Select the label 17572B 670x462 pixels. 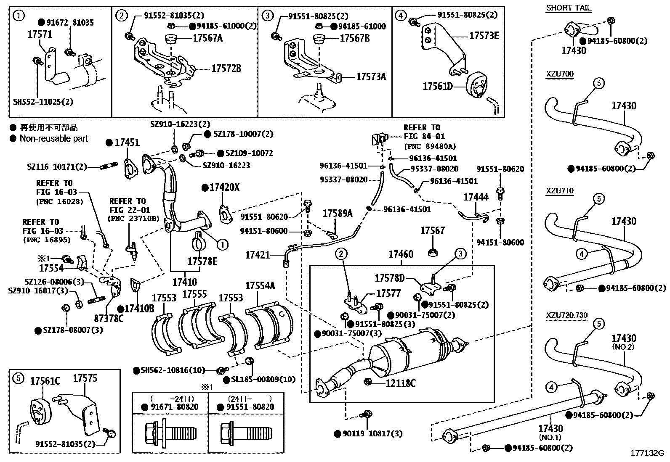click(x=226, y=69)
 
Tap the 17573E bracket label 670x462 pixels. click(x=484, y=36)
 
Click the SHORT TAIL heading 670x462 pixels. click(x=568, y=8)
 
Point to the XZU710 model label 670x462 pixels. click(x=559, y=191)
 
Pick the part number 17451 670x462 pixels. click(x=127, y=143)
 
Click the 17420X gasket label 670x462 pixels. click(x=224, y=187)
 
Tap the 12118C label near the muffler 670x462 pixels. click(x=401, y=383)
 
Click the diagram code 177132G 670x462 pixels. click(x=646, y=453)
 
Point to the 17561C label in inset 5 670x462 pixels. click(x=45, y=381)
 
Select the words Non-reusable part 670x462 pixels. click(x=54, y=138)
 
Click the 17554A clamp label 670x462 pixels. click(x=260, y=286)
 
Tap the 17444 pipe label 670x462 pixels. click(x=476, y=197)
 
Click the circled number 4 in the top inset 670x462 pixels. click(x=401, y=16)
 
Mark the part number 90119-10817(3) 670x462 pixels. click(x=369, y=433)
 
